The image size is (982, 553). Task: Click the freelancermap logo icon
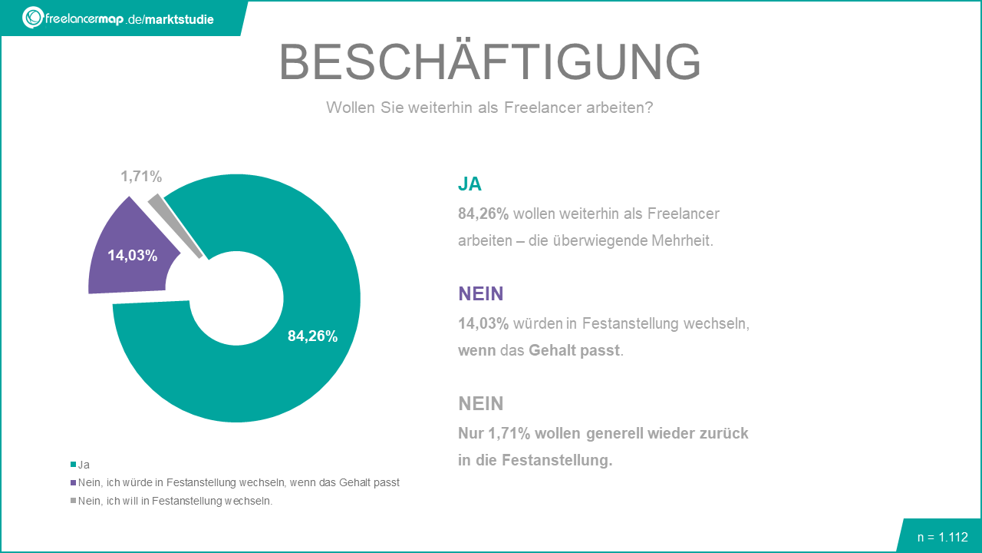coord(33,17)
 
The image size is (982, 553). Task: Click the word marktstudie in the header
coord(181,19)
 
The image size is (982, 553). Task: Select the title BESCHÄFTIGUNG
coord(489,61)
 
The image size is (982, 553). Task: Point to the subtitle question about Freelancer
coord(489,108)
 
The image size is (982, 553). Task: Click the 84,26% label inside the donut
coord(312,336)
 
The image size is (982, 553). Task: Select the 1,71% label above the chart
coord(141,177)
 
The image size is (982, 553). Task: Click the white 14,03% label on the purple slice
coord(132,256)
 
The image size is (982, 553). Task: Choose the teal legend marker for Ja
coord(74,465)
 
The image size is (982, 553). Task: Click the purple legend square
coord(74,483)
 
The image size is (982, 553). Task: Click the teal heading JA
coord(470,184)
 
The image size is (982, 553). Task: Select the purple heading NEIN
coord(480,293)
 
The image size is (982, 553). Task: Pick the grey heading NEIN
coord(480,403)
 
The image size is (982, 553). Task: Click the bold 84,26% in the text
coord(483,214)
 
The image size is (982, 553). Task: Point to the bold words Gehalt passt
coord(575,350)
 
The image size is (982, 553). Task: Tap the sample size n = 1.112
coord(942,537)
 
